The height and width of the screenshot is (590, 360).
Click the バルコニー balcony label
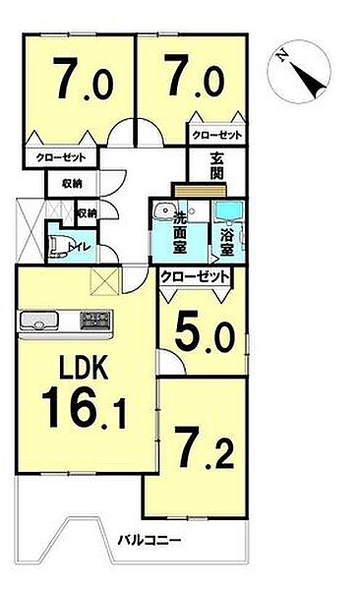click(150, 540)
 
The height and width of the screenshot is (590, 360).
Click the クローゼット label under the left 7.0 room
click(60, 157)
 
